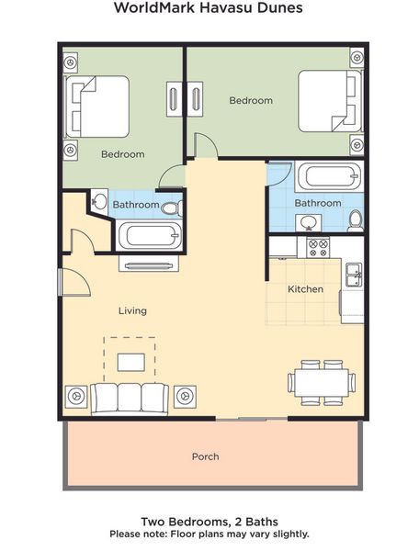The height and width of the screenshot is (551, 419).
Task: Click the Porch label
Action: click(205, 456)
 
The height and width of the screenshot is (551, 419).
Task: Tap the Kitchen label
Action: click(305, 289)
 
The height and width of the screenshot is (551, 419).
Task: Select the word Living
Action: click(132, 310)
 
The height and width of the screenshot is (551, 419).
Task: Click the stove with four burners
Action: click(318, 247)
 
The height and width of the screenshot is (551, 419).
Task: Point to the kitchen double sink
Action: click(354, 275)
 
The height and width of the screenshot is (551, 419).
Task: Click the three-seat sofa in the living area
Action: click(130, 399)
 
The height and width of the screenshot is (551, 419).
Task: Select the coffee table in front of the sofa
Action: click(131, 363)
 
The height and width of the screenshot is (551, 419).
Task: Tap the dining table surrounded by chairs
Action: click(322, 383)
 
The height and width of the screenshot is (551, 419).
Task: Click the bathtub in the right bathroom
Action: click(329, 176)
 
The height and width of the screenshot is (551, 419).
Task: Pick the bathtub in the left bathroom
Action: click(150, 235)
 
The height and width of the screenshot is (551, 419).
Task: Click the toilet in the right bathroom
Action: click(356, 221)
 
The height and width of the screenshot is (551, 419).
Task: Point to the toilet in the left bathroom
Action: click(173, 208)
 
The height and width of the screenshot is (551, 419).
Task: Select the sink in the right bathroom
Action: click(308, 223)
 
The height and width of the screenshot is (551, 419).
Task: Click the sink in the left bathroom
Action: click(99, 201)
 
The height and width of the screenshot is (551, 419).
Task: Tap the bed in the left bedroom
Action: click(97, 107)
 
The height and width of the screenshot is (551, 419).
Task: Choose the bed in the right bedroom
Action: click(330, 101)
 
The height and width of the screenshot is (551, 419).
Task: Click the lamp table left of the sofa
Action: click(76, 397)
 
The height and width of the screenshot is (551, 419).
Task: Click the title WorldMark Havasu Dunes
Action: click(208, 7)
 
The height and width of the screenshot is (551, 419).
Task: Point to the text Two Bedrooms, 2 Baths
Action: click(209, 522)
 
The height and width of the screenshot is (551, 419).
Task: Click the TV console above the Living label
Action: click(149, 264)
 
